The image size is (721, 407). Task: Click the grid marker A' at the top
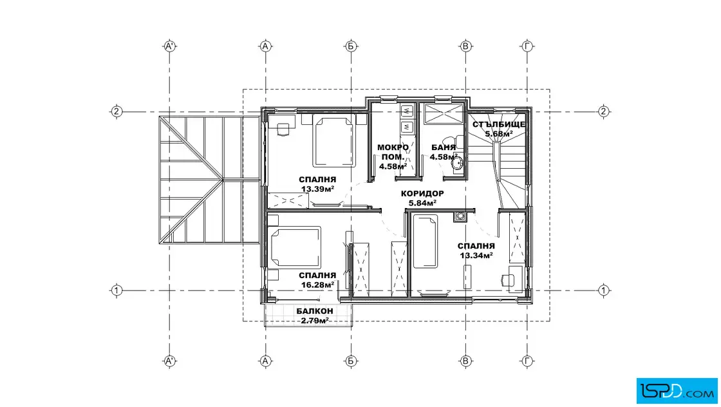point(170,46)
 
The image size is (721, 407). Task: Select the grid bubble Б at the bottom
point(351,361)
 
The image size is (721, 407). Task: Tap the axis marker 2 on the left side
point(117,111)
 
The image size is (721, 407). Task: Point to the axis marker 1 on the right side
point(604,290)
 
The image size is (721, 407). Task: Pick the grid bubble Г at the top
point(527,46)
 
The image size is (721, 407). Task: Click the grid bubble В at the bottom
point(465,361)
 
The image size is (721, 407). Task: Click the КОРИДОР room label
point(422,194)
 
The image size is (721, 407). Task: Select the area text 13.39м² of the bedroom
point(317,189)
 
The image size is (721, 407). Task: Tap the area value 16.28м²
point(317,285)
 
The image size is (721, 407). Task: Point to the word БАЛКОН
point(315,311)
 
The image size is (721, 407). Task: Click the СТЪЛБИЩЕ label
point(498,125)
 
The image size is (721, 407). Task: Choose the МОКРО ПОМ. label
point(393,152)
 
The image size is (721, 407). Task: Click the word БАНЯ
point(444,147)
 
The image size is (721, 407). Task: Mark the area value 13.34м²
point(476,256)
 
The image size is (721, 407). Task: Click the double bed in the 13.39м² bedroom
point(333,141)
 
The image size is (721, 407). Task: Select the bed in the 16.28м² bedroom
point(294,247)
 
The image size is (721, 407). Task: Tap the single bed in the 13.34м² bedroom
point(425,241)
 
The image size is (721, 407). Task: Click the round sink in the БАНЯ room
point(456,164)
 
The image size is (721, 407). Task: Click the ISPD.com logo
point(677,391)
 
